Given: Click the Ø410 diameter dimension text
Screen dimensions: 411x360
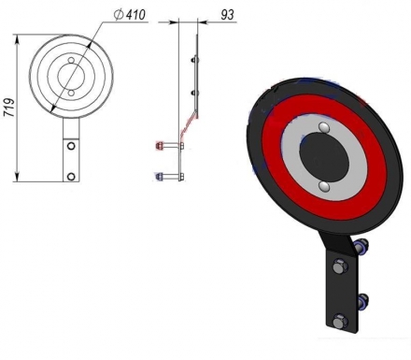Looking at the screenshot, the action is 130,15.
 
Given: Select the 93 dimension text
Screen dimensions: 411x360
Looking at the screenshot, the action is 227,15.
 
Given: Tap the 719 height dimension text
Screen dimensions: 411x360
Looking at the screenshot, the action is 9,108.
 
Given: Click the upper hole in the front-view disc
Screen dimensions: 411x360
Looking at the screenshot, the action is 71,60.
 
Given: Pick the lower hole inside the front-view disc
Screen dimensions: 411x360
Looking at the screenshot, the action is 71,93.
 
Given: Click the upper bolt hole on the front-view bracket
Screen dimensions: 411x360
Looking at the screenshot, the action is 71,145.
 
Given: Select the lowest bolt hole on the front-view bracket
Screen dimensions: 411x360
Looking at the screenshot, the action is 71,177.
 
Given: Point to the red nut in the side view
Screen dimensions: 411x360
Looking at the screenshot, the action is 158,146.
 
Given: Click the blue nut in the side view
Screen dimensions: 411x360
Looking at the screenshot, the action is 158,176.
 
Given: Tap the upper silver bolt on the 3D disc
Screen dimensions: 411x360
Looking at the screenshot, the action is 324,127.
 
